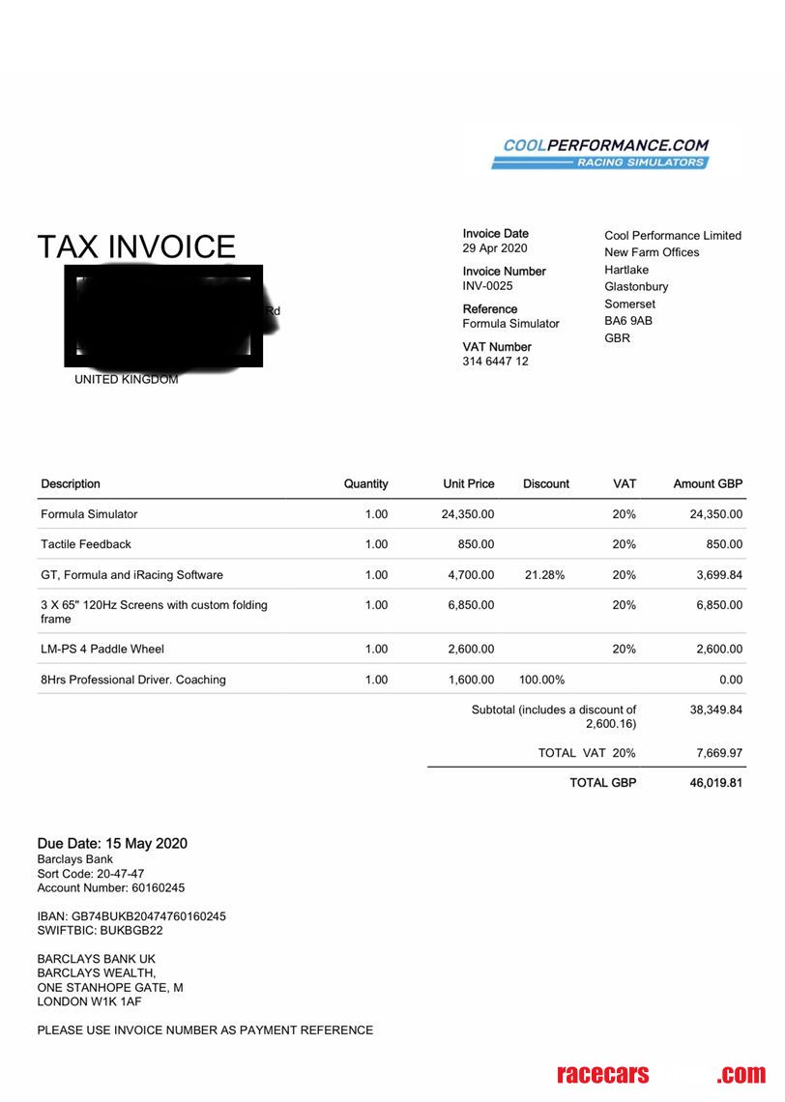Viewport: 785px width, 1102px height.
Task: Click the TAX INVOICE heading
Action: (136, 247)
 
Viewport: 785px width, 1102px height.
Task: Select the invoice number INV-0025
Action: (487, 286)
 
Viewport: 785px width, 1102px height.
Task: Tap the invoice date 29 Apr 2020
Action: (495, 248)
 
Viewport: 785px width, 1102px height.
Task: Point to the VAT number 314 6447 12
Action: (495, 362)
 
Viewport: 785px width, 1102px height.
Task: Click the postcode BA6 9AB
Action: (628, 321)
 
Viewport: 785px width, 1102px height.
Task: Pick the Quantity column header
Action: (365, 483)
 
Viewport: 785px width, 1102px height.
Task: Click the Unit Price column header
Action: (468, 483)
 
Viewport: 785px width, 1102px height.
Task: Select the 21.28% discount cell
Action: (544, 575)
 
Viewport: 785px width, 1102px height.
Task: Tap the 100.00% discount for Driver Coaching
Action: (541, 680)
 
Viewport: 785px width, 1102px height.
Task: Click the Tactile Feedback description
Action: (86, 544)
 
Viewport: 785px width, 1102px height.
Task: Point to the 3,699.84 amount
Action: (715, 575)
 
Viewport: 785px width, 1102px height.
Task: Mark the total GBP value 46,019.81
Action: (715, 783)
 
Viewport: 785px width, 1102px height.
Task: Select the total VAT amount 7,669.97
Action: (717, 753)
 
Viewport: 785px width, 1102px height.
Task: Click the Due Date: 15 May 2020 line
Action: (112, 843)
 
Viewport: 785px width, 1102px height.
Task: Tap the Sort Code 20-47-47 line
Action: (91, 873)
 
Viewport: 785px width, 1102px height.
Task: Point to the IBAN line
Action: (131, 915)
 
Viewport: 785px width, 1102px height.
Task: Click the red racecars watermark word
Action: (603, 1074)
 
